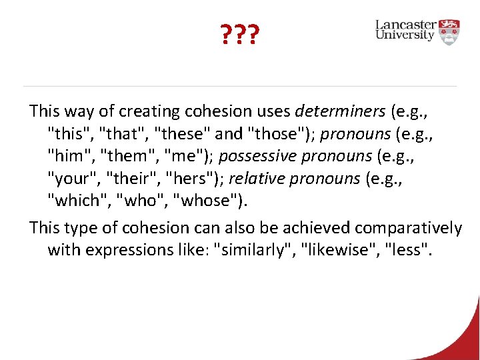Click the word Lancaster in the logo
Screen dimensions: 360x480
(x=405, y=25)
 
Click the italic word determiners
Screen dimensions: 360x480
(x=340, y=111)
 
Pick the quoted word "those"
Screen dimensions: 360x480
(x=278, y=134)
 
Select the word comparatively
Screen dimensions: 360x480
(x=408, y=228)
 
